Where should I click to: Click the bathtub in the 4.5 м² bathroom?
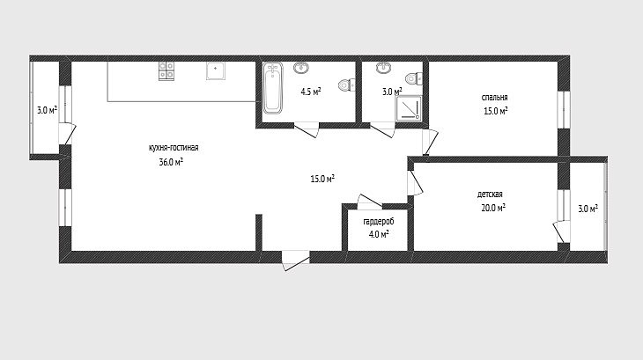[272, 88]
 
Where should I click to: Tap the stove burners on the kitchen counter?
[166, 70]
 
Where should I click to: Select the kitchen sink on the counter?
[216, 70]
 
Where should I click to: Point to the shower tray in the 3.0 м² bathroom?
[409, 108]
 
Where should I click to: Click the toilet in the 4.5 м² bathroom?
[346, 84]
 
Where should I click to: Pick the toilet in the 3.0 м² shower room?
[413, 77]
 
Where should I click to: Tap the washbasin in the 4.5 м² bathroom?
[301, 68]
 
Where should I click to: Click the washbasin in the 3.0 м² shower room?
[383, 68]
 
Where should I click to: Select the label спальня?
[494, 98]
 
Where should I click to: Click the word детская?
[490, 195]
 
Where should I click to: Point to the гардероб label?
[379, 222]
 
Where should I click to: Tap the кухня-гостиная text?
[174, 148]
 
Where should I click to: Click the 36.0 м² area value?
[171, 162]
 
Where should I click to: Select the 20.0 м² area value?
[493, 208]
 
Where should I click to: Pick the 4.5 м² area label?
[311, 92]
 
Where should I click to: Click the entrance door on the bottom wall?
[295, 261]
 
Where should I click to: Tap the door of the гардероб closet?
[370, 202]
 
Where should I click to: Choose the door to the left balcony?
[67, 134]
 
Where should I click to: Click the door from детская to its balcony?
[560, 231]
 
